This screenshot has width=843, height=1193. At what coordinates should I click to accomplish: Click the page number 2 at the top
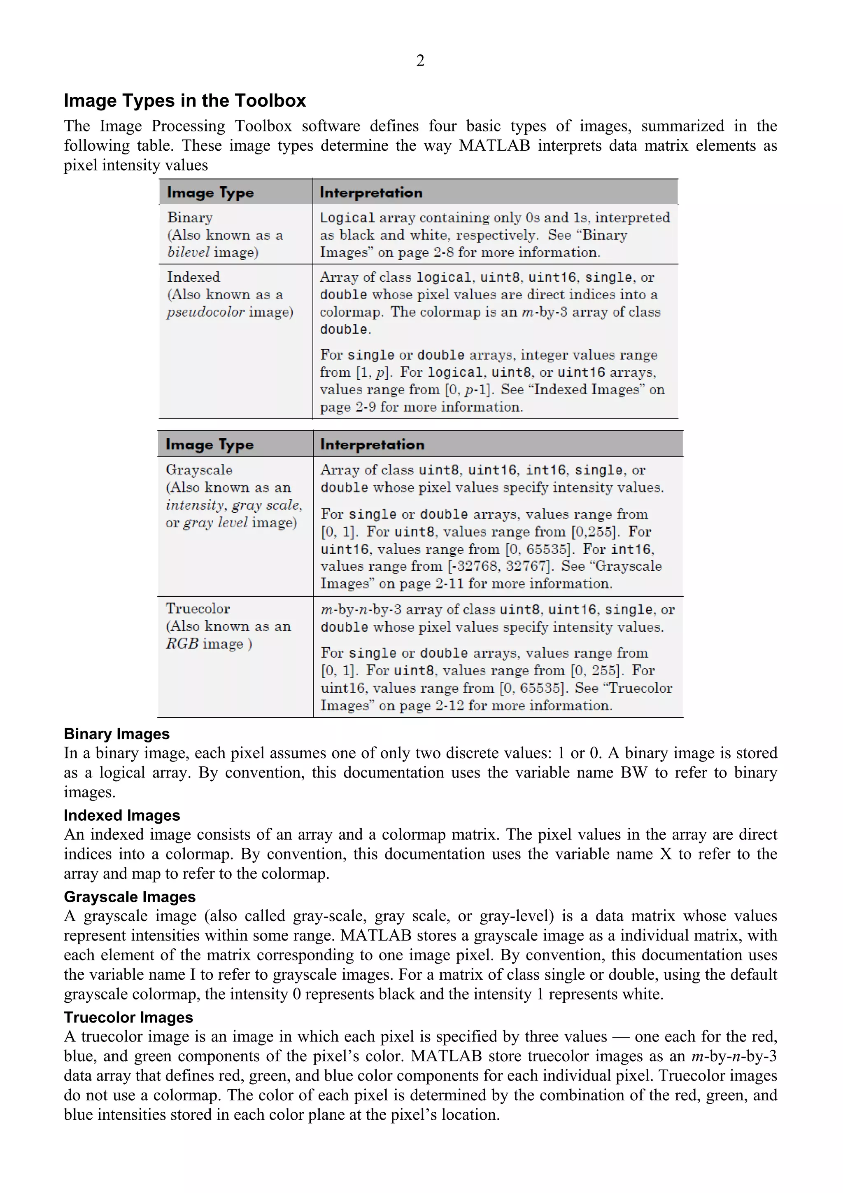[x=420, y=61]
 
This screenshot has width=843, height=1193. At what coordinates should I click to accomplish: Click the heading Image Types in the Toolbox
[x=185, y=100]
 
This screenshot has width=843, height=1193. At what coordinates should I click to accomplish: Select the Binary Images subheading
[x=116, y=734]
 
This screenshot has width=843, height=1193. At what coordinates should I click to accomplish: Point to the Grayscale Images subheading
[x=129, y=897]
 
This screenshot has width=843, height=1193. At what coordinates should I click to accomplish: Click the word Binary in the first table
[x=190, y=218]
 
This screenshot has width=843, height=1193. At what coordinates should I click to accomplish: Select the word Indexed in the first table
[x=193, y=277]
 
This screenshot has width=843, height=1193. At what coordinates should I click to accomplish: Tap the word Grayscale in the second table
[x=199, y=470]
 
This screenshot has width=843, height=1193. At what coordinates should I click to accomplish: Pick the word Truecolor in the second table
[x=198, y=609]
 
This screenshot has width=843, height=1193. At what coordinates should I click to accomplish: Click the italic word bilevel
[x=188, y=252]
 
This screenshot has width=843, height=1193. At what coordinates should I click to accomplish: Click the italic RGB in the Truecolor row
[x=182, y=644]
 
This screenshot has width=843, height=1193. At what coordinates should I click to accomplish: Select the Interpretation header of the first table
[x=371, y=193]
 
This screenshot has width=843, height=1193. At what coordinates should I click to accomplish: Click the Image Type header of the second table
[x=210, y=445]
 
